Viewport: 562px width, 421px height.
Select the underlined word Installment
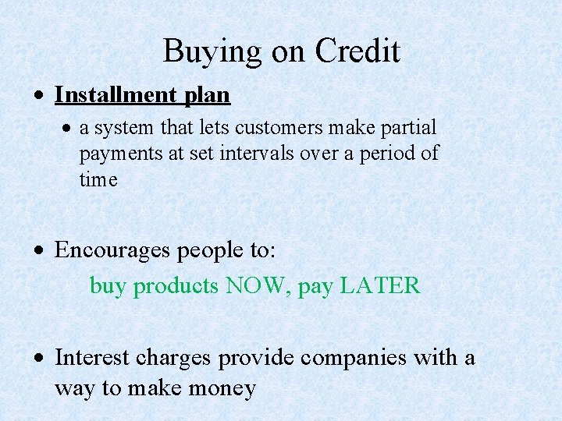click(x=116, y=95)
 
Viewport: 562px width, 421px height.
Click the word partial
click(x=410, y=127)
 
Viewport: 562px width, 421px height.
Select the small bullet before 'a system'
click(x=68, y=128)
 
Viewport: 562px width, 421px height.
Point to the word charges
click(x=173, y=359)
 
